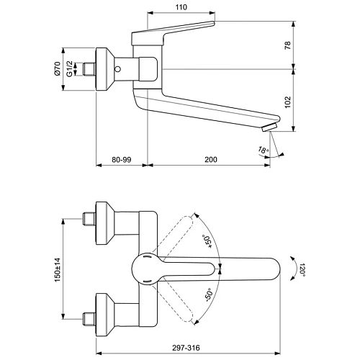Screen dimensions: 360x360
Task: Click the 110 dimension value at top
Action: point(181,6)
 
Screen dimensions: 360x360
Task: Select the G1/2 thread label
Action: point(70,69)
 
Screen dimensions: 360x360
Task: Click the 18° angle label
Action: point(264,150)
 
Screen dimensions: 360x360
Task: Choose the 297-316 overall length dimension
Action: point(205,346)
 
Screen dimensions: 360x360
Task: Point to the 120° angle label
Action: point(300,270)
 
